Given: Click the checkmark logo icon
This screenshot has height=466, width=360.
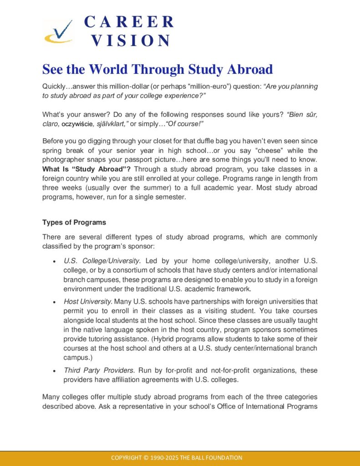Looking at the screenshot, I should click(x=58, y=31).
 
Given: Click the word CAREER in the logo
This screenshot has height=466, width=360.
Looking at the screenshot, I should click(x=129, y=22).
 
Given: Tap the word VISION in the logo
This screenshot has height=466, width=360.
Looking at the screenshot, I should click(x=131, y=41).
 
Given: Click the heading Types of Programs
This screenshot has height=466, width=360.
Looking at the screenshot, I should click(x=74, y=223).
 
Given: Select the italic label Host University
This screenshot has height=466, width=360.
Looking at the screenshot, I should click(x=88, y=301).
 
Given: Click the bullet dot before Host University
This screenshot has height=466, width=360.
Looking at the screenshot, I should click(x=55, y=302).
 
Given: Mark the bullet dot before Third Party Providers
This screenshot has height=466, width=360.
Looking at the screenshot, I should click(x=55, y=371).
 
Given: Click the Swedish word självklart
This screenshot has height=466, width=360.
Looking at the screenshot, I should click(x=113, y=124).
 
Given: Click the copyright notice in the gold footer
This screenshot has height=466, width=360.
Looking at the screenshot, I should click(x=177, y=458).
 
